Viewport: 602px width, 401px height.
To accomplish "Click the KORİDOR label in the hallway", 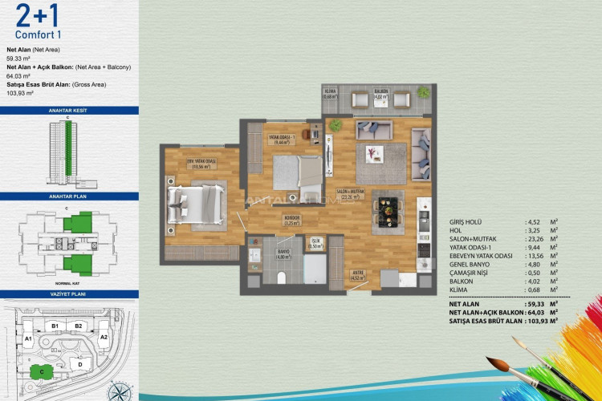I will click(291, 218).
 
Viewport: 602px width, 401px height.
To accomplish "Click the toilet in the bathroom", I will click(281, 277).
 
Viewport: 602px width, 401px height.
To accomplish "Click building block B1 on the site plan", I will click(56, 326).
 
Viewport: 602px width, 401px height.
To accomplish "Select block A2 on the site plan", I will click(104, 338).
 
